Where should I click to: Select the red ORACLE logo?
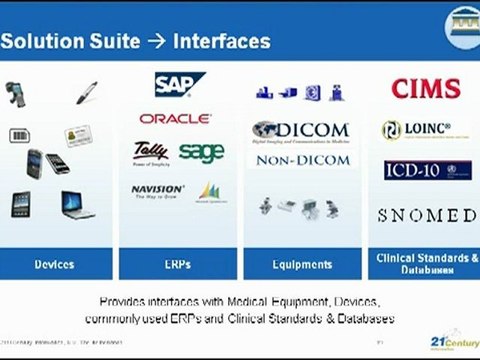tap(176, 118)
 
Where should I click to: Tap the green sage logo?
tap(201, 151)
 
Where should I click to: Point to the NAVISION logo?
tap(157, 190)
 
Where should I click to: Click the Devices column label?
tap(54, 264)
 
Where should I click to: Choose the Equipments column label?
tap(301, 264)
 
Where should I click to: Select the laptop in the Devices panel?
tap(78, 205)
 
